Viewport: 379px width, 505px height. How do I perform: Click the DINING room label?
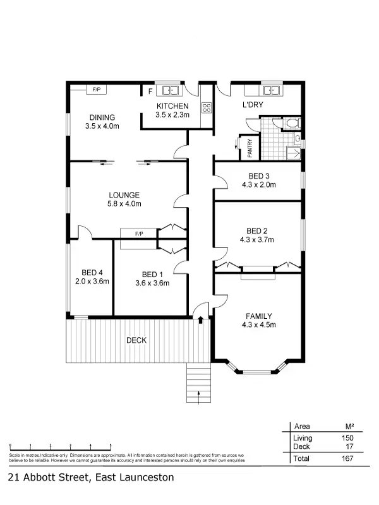[x=102, y=117]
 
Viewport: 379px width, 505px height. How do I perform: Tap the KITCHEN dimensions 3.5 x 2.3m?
[x=172, y=115]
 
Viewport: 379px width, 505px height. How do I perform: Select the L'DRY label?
[x=253, y=105]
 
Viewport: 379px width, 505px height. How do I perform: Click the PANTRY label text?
[x=250, y=147]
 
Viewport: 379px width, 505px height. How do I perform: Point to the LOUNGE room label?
[x=124, y=195]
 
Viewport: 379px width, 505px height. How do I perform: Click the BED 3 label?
[x=259, y=176]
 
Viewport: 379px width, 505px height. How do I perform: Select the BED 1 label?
[x=152, y=274]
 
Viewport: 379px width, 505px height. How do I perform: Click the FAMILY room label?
[x=259, y=316]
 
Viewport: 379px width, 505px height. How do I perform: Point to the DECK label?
[x=136, y=340]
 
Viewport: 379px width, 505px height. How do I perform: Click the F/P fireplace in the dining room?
[x=97, y=90]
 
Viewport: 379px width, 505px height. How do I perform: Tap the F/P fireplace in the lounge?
[x=139, y=234]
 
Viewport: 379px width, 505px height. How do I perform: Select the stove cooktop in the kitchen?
[x=205, y=107]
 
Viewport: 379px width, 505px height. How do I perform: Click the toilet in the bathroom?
[x=291, y=122]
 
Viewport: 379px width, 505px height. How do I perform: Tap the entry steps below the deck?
[x=200, y=384]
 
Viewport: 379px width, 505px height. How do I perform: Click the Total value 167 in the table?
[x=347, y=458]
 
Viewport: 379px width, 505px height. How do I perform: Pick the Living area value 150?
[x=347, y=438]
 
